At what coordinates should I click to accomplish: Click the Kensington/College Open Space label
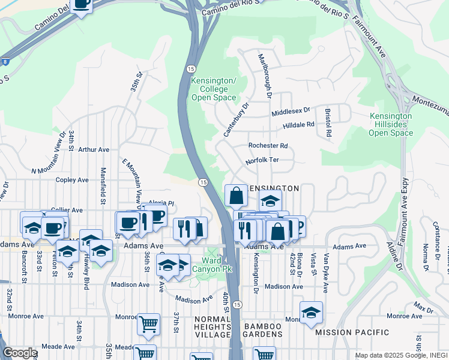(x=213, y=89)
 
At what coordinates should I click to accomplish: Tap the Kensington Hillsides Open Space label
(x=391, y=124)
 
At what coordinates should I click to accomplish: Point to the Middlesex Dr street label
(x=291, y=111)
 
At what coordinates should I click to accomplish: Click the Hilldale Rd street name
(x=298, y=125)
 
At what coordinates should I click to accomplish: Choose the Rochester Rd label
(x=268, y=146)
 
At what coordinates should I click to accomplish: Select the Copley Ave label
(x=72, y=179)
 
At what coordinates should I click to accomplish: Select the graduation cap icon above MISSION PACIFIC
(x=311, y=313)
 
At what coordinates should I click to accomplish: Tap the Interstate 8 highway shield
(x=5, y=61)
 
